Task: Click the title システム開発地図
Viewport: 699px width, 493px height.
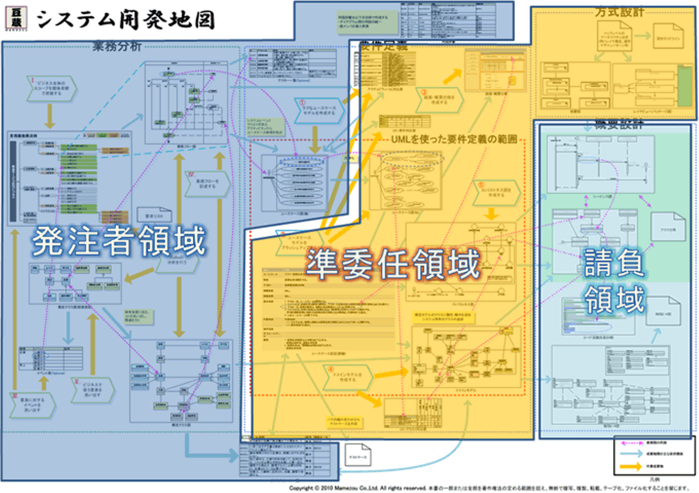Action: tap(125, 19)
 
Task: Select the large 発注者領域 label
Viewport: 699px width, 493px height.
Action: tap(119, 241)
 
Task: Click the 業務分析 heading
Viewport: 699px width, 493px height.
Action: tap(117, 47)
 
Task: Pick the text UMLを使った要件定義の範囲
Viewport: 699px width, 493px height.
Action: tap(454, 139)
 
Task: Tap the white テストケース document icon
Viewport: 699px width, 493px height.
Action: tap(358, 456)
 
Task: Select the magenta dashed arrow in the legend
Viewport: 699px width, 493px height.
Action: tap(631, 443)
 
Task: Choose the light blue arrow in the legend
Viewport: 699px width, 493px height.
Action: tap(631, 454)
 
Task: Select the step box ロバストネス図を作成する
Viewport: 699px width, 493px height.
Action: tap(496, 193)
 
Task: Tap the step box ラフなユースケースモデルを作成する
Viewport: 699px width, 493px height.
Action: tap(319, 110)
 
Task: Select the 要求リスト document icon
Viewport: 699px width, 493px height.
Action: tap(154, 215)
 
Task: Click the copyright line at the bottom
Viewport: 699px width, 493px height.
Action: tap(488, 488)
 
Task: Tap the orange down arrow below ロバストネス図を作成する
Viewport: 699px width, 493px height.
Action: tap(491, 214)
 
